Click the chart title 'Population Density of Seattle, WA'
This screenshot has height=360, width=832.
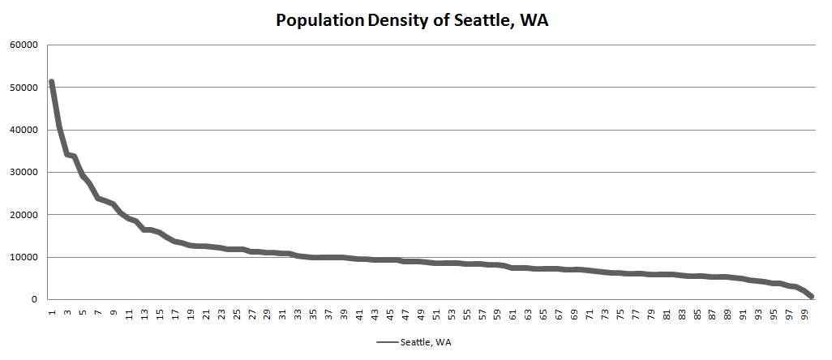pyautogui.click(x=413, y=20)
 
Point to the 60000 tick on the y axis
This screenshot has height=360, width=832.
pyautogui.click(x=24, y=45)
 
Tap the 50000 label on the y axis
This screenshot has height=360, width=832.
pyautogui.click(x=24, y=88)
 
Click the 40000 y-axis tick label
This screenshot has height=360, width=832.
pyautogui.click(x=24, y=130)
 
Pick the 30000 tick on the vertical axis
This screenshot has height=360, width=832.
pyautogui.click(x=24, y=173)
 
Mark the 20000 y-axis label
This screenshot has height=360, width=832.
pyautogui.click(x=24, y=215)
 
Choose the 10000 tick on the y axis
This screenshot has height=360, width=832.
pyautogui.click(x=24, y=258)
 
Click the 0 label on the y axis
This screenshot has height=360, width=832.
pyautogui.click(x=34, y=300)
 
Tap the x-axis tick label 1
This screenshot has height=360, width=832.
pyautogui.click(x=52, y=312)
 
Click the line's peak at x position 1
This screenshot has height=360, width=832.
pyautogui.click(x=51, y=82)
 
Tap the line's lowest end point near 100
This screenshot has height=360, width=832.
pyautogui.click(x=812, y=297)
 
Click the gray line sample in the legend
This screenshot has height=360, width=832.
pyautogui.click(x=385, y=342)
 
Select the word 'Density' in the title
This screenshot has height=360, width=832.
pyautogui.click(x=400, y=20)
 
